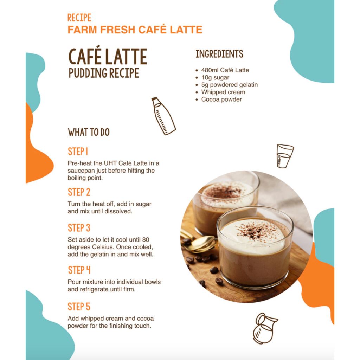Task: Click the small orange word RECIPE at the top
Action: click(79, 18)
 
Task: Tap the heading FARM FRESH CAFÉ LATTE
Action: click(135, 30)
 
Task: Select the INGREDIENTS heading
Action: click(219, 54)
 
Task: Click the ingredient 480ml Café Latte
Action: click(225, 70)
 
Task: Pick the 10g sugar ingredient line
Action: click(215, 78)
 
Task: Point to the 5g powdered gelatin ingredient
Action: click(229, 85)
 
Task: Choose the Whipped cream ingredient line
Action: click(223, 92)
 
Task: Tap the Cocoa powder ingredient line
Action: click(221, 99)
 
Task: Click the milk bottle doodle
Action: click(163, 116)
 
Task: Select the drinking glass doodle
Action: click(285, 156)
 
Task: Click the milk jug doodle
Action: click(265, 328)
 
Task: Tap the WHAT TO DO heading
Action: click(89, 132)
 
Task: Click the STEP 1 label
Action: click(78, 152)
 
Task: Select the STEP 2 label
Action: click(79, 192)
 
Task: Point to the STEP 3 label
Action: click(79, 228)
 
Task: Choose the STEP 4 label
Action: click(79, 270)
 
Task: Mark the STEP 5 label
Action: click(79, 307)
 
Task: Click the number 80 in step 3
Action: click(146, 240)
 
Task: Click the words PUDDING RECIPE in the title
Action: click(104, 73)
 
